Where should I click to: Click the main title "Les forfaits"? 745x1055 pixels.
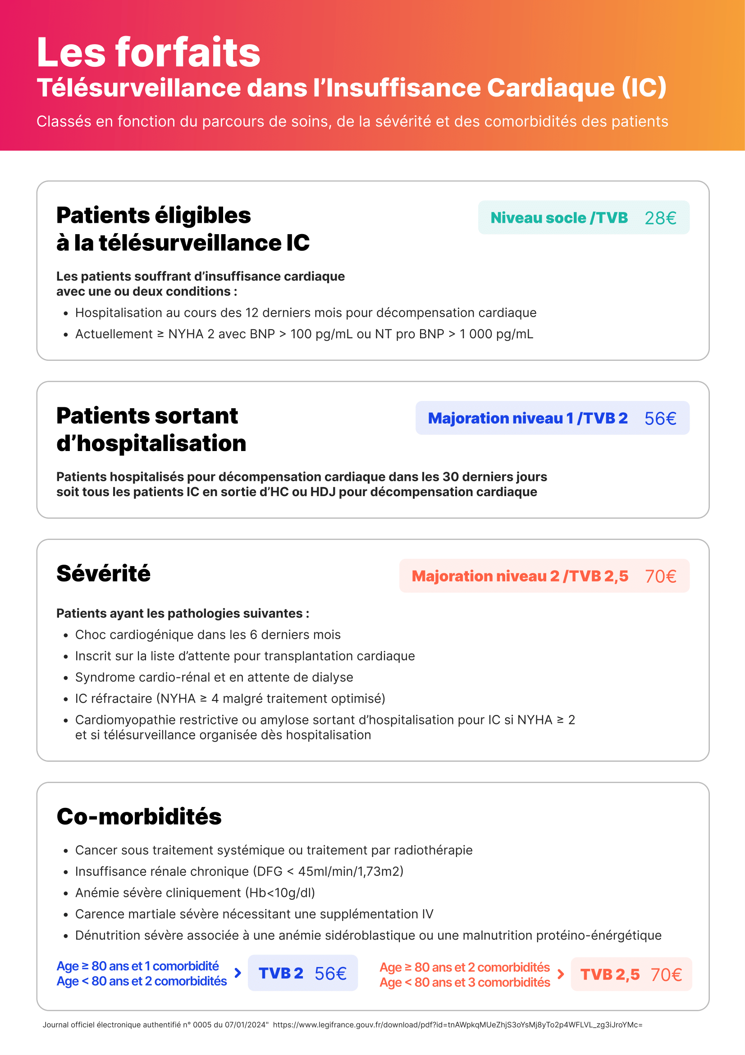pos(148,52)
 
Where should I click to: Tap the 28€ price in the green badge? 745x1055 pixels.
pos(660,218)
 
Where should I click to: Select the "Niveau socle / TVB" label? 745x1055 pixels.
pos(558,218)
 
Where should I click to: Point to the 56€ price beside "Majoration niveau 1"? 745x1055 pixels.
pos(660,418)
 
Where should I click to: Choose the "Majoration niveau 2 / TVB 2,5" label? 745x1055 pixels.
pos(520,576)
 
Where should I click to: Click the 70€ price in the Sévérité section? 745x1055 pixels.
pos(660,576)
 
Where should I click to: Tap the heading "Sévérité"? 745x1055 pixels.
pos(103,573)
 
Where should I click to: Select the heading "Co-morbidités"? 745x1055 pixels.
pos(139,816)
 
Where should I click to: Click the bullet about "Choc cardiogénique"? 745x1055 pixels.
pos(208,635)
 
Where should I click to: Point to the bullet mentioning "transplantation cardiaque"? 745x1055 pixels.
pos(245,656)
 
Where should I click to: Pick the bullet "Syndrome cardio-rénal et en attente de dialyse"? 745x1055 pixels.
pos(214,677)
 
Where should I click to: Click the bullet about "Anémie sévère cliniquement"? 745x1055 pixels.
pos(195,892)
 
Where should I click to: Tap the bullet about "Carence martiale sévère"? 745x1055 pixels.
pos(254,914)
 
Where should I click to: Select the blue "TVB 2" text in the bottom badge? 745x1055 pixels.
pos(281,973)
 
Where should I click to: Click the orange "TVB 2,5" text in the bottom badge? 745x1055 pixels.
pos(610,974)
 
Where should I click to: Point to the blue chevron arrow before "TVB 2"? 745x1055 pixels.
pos(238,973)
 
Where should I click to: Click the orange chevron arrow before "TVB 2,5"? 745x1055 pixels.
pos(561,974)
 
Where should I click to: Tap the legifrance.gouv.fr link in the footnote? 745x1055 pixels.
pos(457,1025)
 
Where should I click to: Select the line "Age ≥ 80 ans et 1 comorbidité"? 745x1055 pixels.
pos(138,966)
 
